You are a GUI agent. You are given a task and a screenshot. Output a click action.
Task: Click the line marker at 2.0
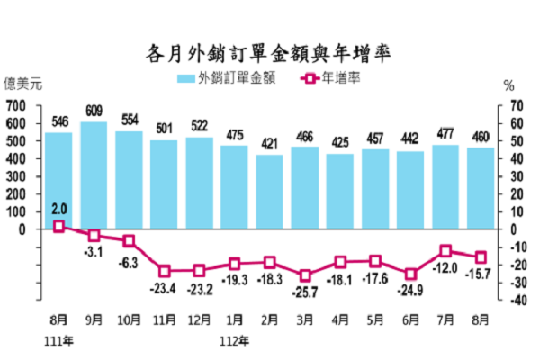(x=58, y=226)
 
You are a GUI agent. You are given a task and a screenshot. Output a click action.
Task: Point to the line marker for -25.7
(x=305, y=274)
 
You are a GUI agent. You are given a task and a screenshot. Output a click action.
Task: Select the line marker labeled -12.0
(x=445, y=251)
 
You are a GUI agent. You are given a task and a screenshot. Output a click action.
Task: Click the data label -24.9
(x=410, y=289)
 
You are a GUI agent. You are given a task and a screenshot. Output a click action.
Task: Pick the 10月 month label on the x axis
(x=129, y=319)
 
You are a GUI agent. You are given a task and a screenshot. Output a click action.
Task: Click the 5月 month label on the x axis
(x=375, y=319)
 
